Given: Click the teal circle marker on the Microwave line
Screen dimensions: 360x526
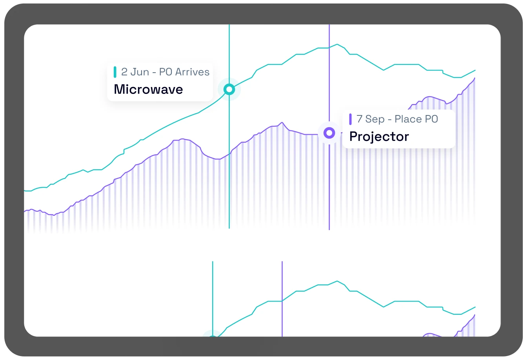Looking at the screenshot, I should [x=229, y=90].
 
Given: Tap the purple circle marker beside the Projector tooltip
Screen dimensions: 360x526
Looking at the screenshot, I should [x=329, y=133].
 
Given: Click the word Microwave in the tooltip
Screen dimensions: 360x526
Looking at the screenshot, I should [x=148, y=90].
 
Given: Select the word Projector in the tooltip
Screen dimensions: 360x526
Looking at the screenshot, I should [x=379, y=137].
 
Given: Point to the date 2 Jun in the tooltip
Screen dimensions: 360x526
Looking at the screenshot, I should [x=135, y=72].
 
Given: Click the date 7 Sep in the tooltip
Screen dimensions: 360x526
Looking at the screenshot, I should [x=370, y=119].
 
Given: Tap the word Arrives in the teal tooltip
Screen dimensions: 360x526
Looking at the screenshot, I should [x=192, y=72].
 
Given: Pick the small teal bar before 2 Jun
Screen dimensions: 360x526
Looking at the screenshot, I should [x=115, y=72].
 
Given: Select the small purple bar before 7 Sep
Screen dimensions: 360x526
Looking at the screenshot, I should [x=350, y=119].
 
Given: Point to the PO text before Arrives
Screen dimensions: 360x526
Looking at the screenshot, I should [x=166, y=72].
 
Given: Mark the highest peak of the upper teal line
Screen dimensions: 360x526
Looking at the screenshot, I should [x=337, y=44].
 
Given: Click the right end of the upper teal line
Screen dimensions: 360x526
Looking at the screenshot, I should [x=475, y=70].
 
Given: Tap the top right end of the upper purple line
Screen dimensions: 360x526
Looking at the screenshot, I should [x=475, y=78].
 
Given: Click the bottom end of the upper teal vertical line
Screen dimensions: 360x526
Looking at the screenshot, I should [x=229, y=228].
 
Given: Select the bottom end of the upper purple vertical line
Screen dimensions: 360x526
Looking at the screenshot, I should [x=329, y=229].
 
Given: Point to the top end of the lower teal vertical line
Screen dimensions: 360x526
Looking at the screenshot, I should [x=213, y=262].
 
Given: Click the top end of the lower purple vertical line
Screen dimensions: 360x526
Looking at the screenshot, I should [x=282, y=262].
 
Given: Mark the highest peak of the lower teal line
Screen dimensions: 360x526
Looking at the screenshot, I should [x=337, y=281].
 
